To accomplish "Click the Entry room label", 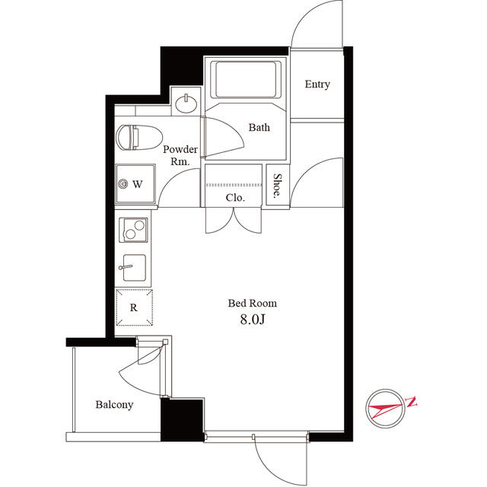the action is coord(317,84).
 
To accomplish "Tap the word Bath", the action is coord(259,127).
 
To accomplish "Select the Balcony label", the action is coord(114,405).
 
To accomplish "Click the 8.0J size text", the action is coord(253,319).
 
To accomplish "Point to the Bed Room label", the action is coord(252,303).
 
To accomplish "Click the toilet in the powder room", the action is coord(139,137).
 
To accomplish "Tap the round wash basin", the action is coord(186,103).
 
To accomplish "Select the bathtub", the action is coord(246,79).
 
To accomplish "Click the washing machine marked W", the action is coord(135,184).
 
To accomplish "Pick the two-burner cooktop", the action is coord(134,230).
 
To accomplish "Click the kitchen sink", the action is coord(134,268).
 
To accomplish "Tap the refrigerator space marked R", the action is coord(134,307).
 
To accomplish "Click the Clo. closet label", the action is coord(235,198).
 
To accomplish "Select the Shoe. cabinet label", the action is coord(277,186).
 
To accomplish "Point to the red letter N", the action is coord(411,402).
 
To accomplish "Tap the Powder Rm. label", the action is coord(180,155).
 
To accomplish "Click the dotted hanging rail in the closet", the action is coord(234,185).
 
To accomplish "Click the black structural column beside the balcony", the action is coord(183,420).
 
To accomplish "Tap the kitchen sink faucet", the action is coord(126,267).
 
